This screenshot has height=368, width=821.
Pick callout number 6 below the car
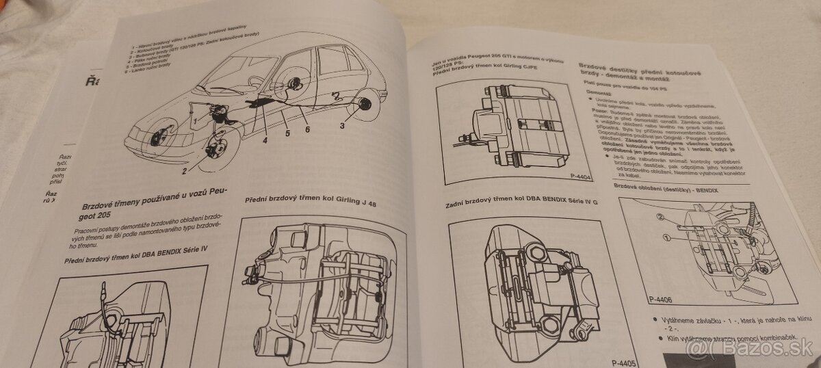(x=308, y=129)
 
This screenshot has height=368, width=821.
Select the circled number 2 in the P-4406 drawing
(x=662, y=218)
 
